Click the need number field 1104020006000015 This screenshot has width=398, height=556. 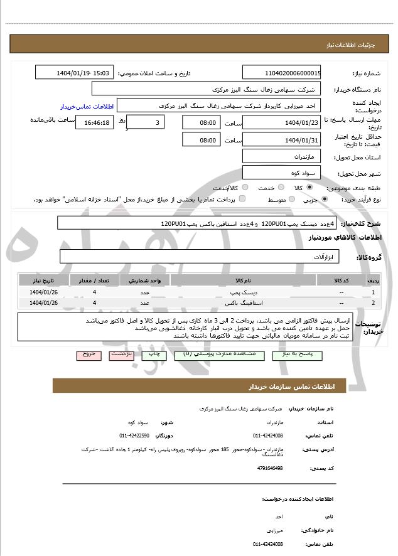[281, 73]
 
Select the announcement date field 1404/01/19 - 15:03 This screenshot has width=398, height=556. [75, 73]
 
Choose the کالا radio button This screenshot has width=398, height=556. [309, 188]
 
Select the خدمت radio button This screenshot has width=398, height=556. [279, 188]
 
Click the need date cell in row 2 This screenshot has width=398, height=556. [44, 303]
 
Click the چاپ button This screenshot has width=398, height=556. [153, 355]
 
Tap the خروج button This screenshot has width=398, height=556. [88, 355]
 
